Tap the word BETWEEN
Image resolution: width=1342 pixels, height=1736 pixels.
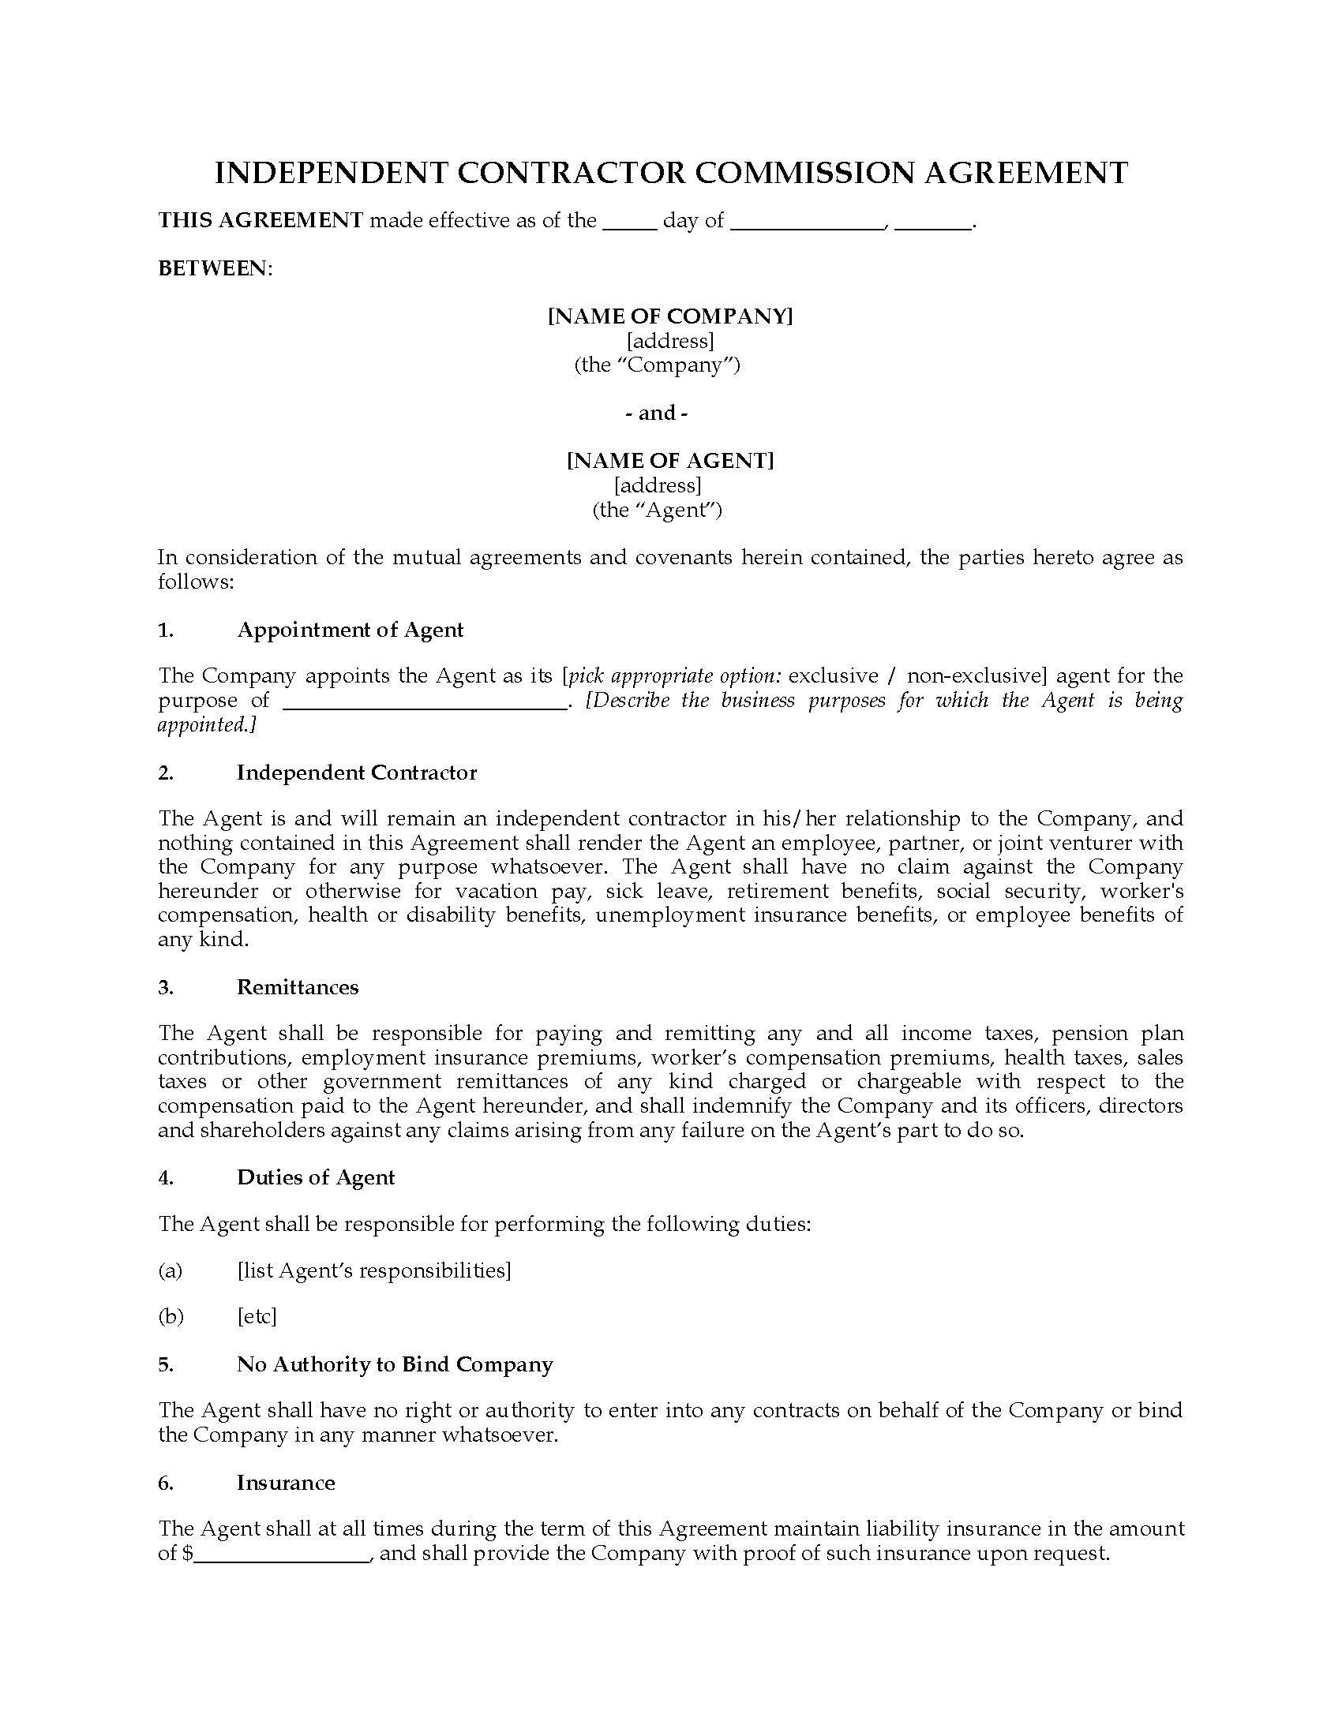tap(214, 268)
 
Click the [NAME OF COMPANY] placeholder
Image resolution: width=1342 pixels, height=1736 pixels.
tap(670, 316)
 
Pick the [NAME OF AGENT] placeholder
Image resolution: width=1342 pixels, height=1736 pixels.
tap(670, 460)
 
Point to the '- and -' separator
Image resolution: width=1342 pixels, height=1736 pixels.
tap(657, 413)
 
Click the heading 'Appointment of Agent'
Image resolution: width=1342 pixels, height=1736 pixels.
tap(350, 630)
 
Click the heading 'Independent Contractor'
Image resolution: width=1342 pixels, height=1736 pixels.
tap(356, 773)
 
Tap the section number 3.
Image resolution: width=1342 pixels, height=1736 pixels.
tap(165, 987)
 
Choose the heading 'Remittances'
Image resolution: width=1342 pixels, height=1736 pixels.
tap(298, 987)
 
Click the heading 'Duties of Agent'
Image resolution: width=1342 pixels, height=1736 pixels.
tap(316, 1177)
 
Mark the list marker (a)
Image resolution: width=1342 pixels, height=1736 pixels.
tap(171, 1270)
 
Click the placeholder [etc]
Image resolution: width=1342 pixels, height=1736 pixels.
tap(257, 1316)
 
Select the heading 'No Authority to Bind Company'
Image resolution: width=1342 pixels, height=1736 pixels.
tap(395, 1364)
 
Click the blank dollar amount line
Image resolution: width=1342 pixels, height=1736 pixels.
tap(283, 1555)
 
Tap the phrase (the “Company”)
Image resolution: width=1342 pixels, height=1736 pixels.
tap(658, 365)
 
